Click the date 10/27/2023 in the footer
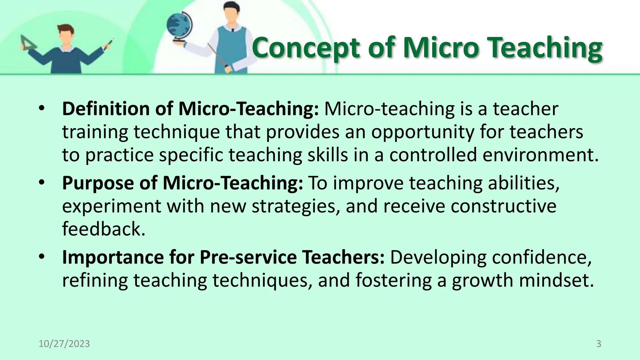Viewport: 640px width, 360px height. click(64, 344)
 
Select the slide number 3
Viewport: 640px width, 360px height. click(598, 344)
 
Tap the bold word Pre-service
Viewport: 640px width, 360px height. click(248, 257)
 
